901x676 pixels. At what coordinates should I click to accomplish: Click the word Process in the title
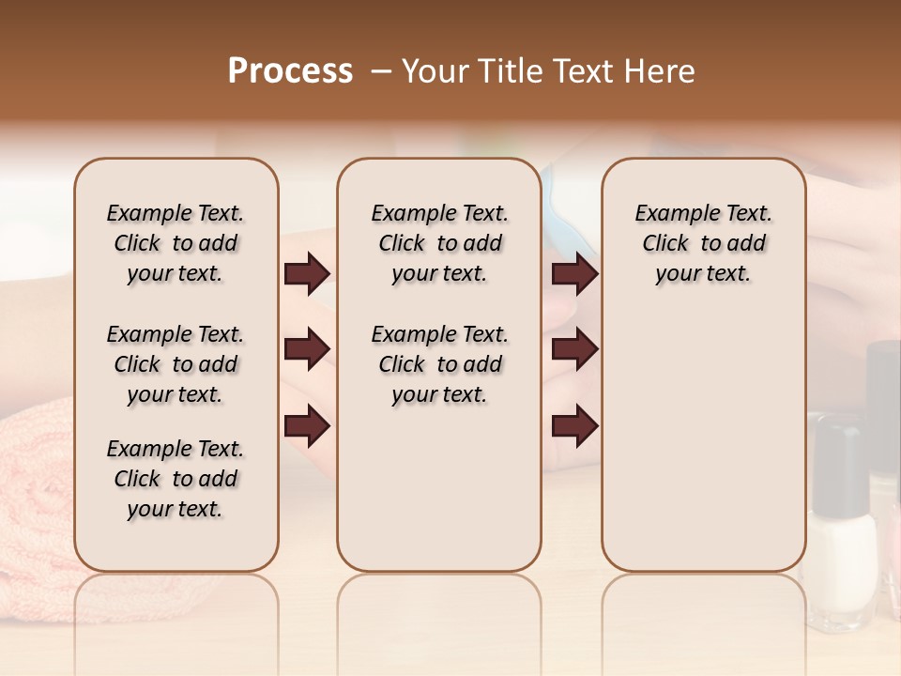tap(290, 71)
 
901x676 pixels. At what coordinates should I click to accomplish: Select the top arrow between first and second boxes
tap(307, 274)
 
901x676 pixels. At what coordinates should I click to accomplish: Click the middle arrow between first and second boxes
tap(307, 349)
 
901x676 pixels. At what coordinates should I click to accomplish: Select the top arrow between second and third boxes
tap(574, 274)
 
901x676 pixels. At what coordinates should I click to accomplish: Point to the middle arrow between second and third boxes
tap(574, 349)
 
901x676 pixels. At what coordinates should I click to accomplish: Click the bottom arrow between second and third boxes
tap(574, 425)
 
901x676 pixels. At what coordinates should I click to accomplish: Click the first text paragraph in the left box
tap(176, 243)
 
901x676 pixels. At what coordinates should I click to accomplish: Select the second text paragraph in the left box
tap(176, 364)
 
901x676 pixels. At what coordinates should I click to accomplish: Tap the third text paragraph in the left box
tap(176, 479)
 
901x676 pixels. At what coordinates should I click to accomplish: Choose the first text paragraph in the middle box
tap(439, 243)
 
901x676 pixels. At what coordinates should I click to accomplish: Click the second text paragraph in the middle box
tap(439, 364)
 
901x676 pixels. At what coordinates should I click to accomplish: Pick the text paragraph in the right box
tap(703, 243)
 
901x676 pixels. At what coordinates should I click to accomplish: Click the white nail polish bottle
tap(842, 554)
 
